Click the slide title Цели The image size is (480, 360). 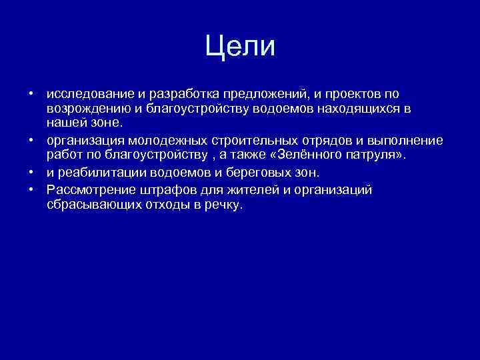[x=240, y=47]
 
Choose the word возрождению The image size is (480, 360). [x=87, y=108]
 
